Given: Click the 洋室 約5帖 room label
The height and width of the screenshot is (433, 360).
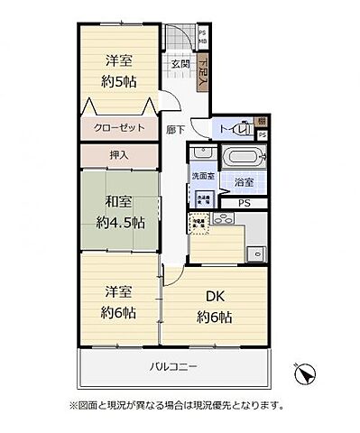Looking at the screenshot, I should (x=114, y=69).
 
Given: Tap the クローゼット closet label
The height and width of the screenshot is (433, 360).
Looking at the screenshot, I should (x=115, y=128).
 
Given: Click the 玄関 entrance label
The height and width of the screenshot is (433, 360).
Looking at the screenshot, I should (x=180, y=64).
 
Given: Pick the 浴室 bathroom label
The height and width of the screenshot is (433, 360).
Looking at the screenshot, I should (x=244, y=182).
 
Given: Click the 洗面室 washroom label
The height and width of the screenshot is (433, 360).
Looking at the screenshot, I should (x=200, y=177).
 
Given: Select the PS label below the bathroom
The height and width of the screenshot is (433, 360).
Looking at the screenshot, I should (x=244, y=203).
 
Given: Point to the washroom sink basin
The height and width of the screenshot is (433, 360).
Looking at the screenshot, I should (x=199, y=197).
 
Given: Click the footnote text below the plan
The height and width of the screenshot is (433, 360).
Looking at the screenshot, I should (x=175, y=404).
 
